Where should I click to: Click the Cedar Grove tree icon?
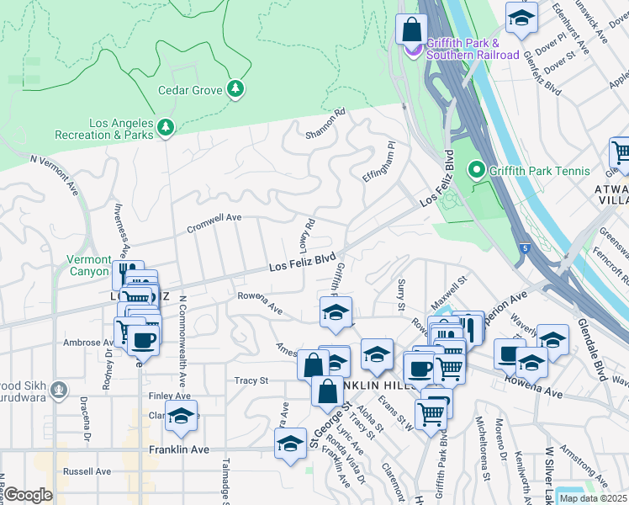[236, 89]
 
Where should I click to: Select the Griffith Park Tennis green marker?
[478, 171]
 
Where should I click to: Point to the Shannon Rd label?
[325, 123]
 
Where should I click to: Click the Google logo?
[28, 495]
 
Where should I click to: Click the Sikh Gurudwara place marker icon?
[58, 390]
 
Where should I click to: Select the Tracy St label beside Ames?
[251, 380]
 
